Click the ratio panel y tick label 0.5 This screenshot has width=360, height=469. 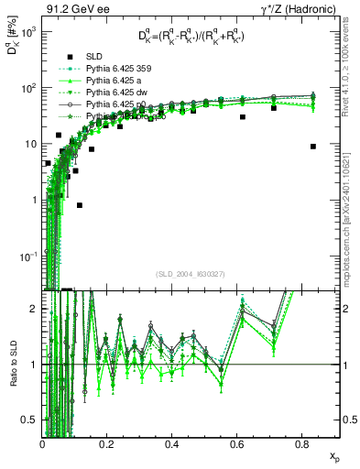pos(30,419)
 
